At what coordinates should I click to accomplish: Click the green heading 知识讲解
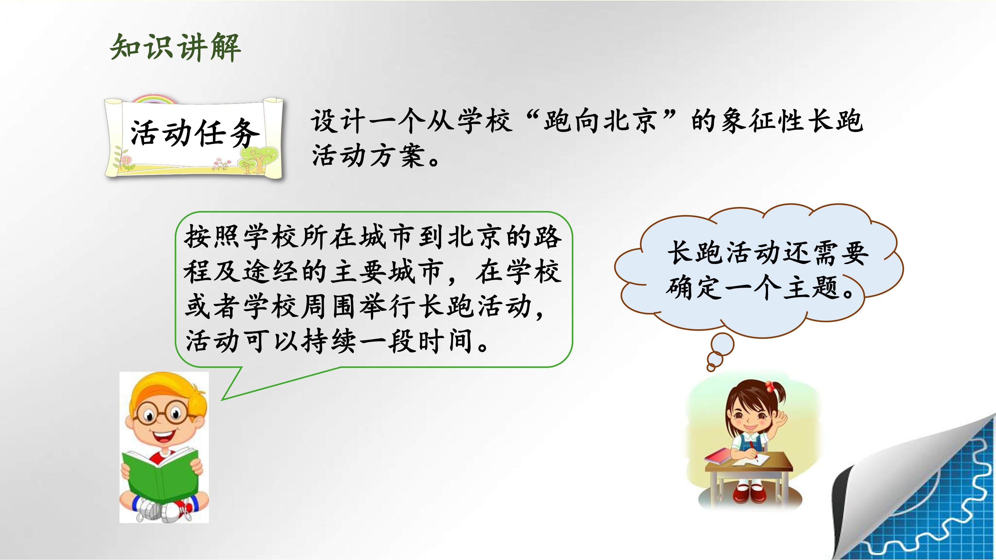175,48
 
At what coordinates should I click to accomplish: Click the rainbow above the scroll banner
154,100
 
